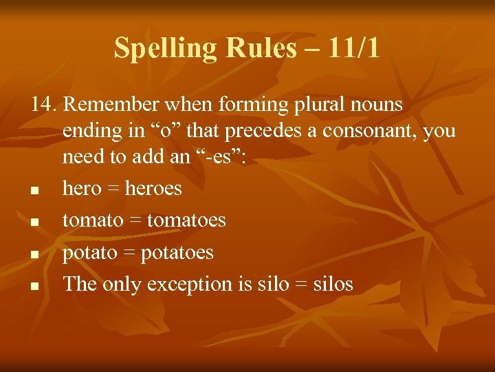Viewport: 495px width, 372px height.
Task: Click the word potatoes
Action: [177, 252]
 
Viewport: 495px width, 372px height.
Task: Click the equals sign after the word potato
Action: [129, 253]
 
